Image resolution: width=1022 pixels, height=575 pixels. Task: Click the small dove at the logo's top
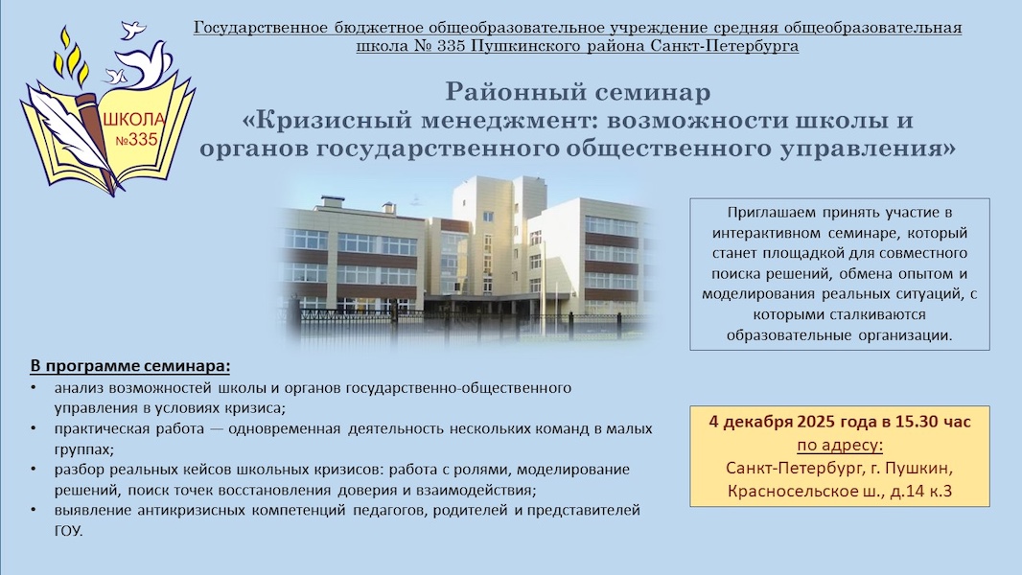[132, 30]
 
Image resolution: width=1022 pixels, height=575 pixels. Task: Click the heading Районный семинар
[577, 92]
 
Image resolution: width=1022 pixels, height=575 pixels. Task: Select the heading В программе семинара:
[130, 366]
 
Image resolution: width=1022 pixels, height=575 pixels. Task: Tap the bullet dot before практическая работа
[34, 429]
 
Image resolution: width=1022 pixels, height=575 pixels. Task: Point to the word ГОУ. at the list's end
[69, 531]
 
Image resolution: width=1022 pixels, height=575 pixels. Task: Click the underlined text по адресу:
[840, 446]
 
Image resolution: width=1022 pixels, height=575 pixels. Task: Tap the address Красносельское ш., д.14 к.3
[840, 491]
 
